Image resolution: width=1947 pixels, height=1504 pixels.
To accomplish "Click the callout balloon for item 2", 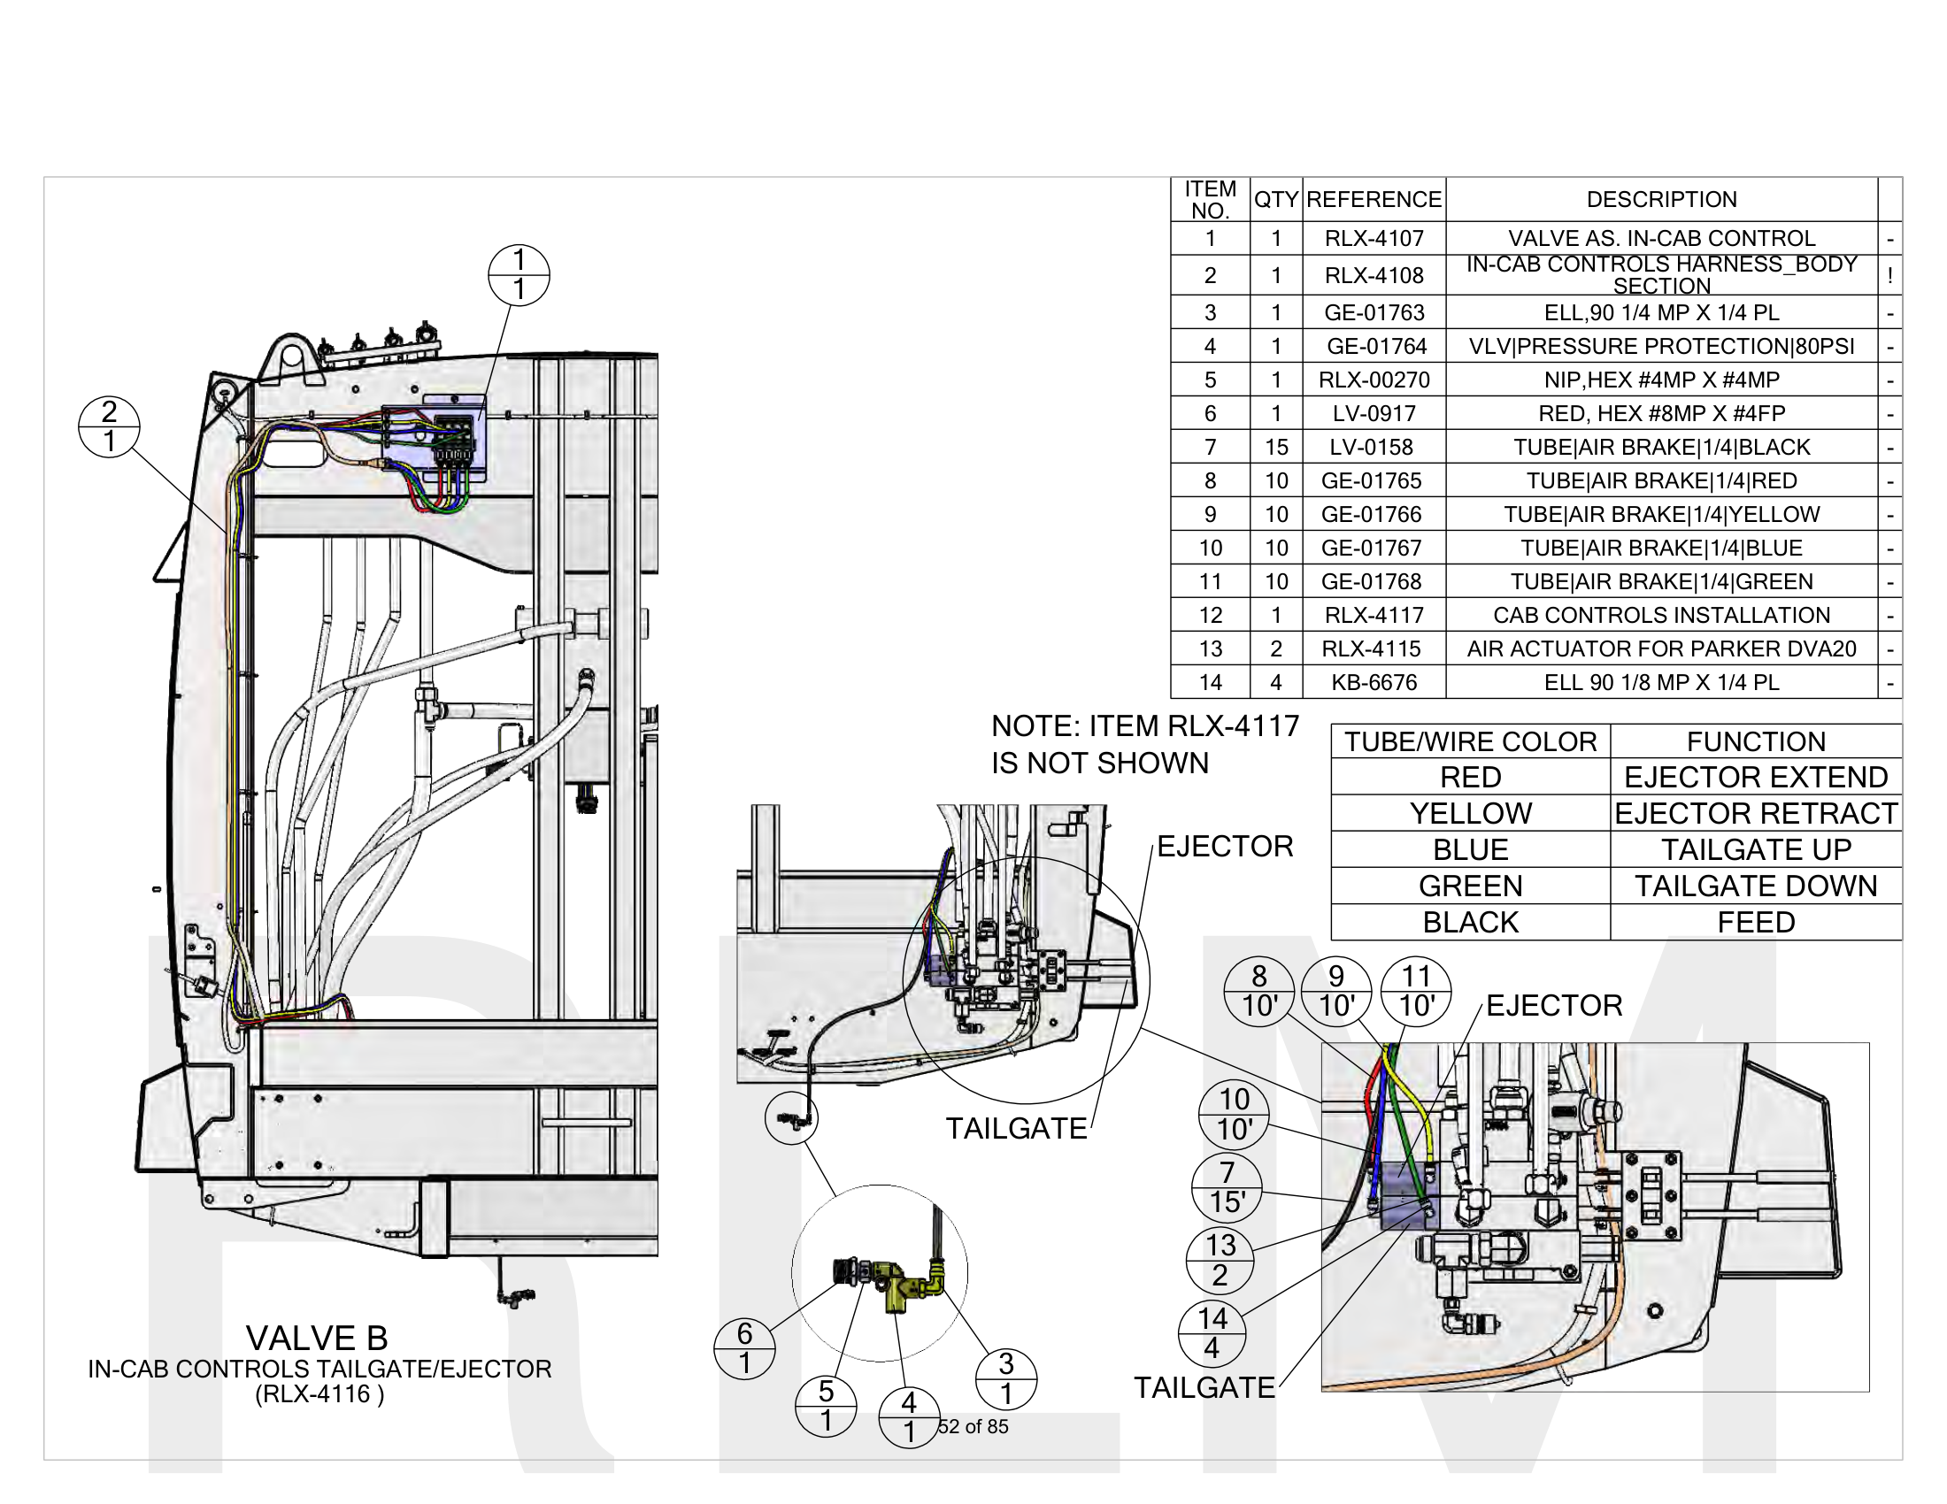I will [x=109, y=426].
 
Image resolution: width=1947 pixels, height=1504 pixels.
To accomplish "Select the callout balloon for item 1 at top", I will [x=519, y=274].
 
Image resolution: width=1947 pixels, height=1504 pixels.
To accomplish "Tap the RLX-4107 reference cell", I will [x=1374, y=238].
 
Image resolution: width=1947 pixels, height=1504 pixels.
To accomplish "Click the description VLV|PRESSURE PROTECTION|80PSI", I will [x=1661, y=346].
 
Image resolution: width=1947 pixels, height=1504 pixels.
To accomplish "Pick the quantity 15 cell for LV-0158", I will [x=1275, y=448].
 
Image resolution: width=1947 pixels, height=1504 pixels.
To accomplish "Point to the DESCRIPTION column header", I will [x=1661, y=199].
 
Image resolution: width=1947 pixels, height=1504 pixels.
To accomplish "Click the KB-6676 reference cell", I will [x=1374, y=682].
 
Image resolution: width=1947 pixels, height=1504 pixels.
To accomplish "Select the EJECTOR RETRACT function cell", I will [x=1755, y=813].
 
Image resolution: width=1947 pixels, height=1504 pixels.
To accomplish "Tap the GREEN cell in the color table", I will [x=1470, y=886].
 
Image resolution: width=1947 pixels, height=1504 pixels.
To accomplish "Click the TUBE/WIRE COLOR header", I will [x=1470, y=741].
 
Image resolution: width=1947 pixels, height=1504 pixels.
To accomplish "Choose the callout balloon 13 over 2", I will [x=1220, y=1260].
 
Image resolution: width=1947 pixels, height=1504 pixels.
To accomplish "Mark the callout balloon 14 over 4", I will [x=1212, y=1333].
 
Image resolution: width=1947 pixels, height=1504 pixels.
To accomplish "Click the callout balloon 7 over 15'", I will [x=1227, y=1186].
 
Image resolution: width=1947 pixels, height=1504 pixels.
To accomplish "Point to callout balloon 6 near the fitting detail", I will [x=744, y=1348].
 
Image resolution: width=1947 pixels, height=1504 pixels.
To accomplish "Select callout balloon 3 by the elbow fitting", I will [x=1005, y=1378].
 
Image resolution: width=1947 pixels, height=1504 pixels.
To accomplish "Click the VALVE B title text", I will [x=317, y=1338].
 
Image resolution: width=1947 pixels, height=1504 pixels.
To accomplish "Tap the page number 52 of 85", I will [x=973, y=1426].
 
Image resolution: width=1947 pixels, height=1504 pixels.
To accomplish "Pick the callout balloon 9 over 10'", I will [x=1336, y=991].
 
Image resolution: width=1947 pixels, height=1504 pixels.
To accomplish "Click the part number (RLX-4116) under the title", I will [x=319, y=1394].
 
